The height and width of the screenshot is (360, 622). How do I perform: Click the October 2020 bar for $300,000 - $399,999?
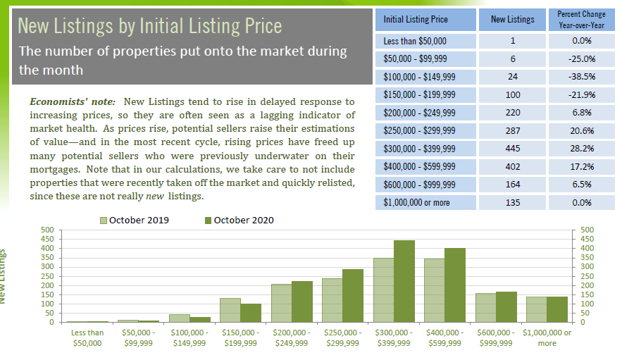point(404,281)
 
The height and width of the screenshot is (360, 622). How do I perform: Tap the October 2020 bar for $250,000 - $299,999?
point(353,295)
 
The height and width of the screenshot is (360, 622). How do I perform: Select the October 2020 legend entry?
point(239,220)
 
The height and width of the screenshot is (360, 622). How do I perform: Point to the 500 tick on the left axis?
point(48,230)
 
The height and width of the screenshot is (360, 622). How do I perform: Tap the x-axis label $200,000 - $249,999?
point(291,337)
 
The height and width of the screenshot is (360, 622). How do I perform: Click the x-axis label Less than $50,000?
point(87,337)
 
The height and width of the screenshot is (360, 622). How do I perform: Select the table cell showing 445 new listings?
point(512,148)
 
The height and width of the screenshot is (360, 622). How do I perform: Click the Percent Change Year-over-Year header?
point(581,19)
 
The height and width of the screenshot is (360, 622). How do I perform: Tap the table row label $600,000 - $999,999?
point(420,185)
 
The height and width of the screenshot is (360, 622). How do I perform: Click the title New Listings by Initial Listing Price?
point(149,26)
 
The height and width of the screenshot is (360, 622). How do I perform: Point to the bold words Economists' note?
point(73,102)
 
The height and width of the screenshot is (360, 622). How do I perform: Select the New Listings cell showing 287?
point(512,130)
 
